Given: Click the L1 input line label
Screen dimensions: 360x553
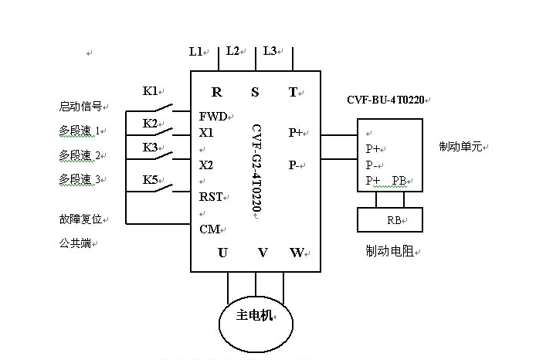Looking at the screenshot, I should [x=195, y=52].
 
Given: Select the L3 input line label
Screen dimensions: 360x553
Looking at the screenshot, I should [x=270, y=51].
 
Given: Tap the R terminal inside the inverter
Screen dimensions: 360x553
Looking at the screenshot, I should [x=217, y=92].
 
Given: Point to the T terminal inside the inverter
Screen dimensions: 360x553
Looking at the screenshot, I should [x=293, y=92].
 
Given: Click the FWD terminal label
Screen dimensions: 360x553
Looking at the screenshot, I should [x=212, y=116].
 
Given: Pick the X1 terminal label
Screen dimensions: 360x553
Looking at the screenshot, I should [x=206, y=133].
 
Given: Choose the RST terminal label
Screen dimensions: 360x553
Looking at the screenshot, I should [x=211, y=197].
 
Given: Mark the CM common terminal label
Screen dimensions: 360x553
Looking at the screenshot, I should [x=209, y=229].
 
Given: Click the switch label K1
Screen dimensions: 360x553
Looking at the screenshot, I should [x=150, y=91].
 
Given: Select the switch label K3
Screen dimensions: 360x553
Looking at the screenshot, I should [x=150, y=147].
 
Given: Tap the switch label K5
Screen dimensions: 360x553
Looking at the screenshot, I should [x=150, y=180].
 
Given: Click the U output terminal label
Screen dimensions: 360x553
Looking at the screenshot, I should [x=222, y=253].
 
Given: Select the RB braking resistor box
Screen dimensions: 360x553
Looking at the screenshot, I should [x=390, y=219].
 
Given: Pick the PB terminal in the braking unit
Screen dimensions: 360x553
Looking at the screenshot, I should [x=399, y=180].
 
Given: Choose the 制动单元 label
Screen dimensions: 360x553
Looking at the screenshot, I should [x=461, y=146].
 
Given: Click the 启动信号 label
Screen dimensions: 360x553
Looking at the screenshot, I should [x=80, y=107].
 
